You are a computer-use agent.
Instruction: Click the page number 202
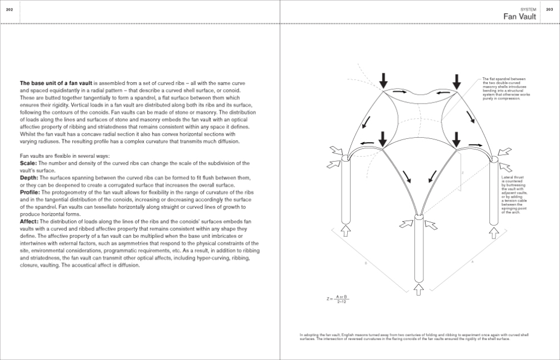pyautogui.click(x=9, y=10)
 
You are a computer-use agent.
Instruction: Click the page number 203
pyautogui.click(x=550, y=10)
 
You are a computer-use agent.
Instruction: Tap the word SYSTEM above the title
pyautogui.click(x=529, y=10)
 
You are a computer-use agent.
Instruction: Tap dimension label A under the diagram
pyautogui.click(x=472, y=261)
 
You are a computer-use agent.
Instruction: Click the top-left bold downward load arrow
pyautogui.click(x=383, y=80)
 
